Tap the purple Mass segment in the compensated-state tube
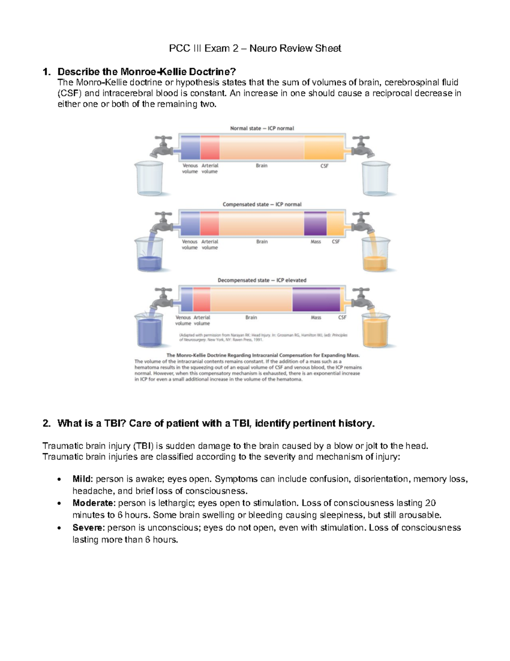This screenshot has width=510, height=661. coord(315,223)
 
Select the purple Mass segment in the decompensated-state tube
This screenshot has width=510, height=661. coord(316,299)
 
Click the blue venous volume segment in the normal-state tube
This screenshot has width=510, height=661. coord(190,148)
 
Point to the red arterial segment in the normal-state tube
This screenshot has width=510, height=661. coord(210,148)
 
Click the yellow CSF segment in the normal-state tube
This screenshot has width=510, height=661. coord(324,148)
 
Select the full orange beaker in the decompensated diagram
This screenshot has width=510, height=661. coord(376,331)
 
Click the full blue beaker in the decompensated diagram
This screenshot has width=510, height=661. coord(149,331)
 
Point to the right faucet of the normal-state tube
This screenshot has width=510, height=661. coord(361,146)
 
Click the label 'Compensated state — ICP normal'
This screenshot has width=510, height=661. coord(262,204)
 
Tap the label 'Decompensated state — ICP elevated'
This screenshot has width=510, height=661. coord(262,280)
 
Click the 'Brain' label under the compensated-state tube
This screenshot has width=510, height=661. coord(262,241)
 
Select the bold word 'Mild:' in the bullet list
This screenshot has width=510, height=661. coord(82,479)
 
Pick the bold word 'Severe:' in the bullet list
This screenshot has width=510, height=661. coord(88,527)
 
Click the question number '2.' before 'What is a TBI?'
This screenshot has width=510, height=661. coord(47,423)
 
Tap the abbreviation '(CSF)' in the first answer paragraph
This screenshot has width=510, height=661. coord(69,93)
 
